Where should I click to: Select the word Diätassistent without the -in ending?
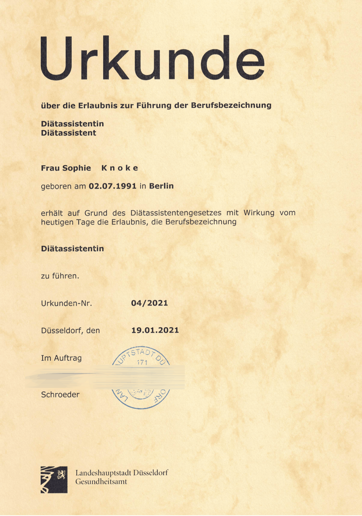(x=68, y=133)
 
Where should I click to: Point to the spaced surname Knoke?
(x=120, y=168)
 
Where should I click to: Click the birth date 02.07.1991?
(x=112, y=186)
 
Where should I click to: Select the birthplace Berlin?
(x=161, y=186)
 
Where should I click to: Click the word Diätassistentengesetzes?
(x=176, y=213)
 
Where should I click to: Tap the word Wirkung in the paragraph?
(x=259, y=213)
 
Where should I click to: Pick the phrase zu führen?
(x=60, y=276)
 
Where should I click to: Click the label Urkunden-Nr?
(x=67, y=303)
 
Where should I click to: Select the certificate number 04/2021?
(x=149, y=303)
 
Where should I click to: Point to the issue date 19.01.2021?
(x=155, y=330)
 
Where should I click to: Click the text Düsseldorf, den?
(x=70, y=330)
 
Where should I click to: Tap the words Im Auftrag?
(x=61, y=358)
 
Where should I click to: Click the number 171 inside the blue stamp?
(x=142, y=362)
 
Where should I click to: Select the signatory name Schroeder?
(x=60, y=395)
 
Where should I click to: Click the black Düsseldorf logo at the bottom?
(x=54, y=480)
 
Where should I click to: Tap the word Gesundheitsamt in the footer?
(x=101, y=482)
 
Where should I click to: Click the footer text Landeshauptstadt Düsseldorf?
(x=122, y=473)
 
